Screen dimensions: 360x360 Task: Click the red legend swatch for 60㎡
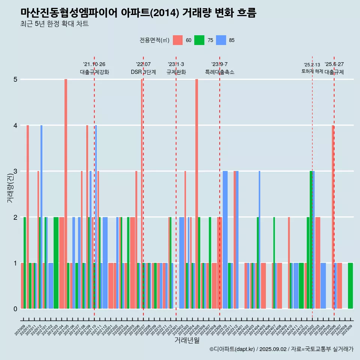point(178,40)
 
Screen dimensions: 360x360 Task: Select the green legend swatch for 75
point(199,40)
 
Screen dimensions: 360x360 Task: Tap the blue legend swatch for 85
point(221,40)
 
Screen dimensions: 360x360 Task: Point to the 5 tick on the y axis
point(16,79)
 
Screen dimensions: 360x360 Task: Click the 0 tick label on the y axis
point(16,309)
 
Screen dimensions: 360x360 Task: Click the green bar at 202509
point(350,286)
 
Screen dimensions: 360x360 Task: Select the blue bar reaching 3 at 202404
point(259,240)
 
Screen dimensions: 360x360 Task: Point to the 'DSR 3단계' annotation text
point(143,72)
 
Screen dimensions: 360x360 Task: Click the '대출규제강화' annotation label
point(94,72)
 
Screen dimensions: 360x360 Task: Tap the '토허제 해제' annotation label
point(312,71)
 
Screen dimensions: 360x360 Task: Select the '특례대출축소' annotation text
point(219,72)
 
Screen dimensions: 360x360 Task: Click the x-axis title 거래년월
point(187,340)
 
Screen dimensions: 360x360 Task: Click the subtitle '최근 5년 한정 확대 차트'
point(54,24)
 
